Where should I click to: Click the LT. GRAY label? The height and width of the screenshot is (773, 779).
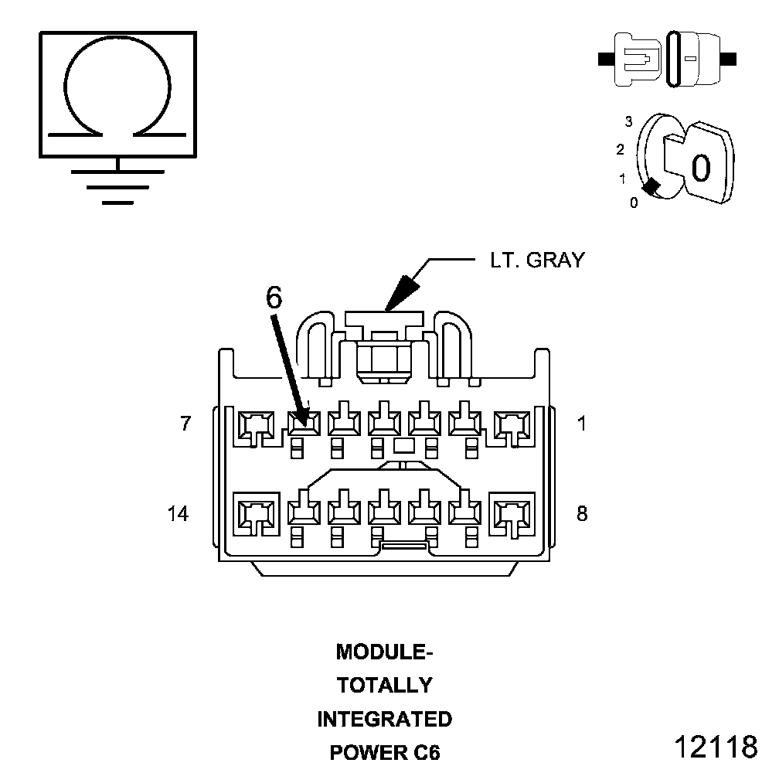click(538, 261)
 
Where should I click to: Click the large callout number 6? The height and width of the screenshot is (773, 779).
click(274, 298)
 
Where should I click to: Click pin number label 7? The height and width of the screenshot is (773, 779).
click(185, 424)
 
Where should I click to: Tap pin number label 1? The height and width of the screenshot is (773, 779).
click(582, 424)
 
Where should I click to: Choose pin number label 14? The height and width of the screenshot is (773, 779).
click(178, 514)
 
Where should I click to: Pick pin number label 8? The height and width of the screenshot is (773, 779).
click(582, 514)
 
